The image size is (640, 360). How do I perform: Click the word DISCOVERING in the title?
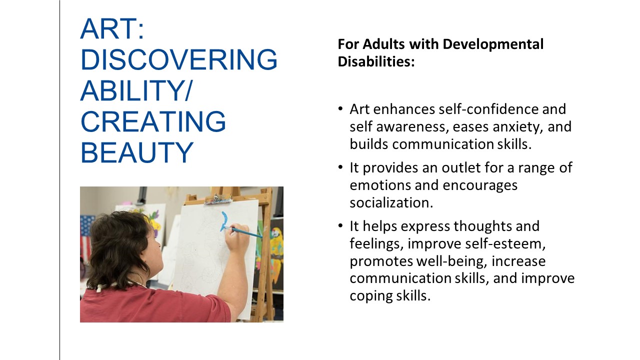[179, 59]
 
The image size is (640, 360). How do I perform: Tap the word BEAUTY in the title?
[137, 152]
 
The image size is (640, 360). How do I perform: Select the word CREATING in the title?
[153, 121]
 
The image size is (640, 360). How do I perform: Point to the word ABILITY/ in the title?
[137, 90]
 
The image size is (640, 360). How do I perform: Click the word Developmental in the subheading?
[493, 44]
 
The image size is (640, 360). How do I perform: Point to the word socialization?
[391, 203]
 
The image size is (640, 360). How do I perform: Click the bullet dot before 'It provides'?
[340, 167]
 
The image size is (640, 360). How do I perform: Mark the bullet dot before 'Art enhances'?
[340, 108]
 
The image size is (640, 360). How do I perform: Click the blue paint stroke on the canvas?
[224, 221]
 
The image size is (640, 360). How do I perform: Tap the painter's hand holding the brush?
[237, 240]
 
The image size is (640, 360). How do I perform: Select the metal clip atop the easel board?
[218, 199]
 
